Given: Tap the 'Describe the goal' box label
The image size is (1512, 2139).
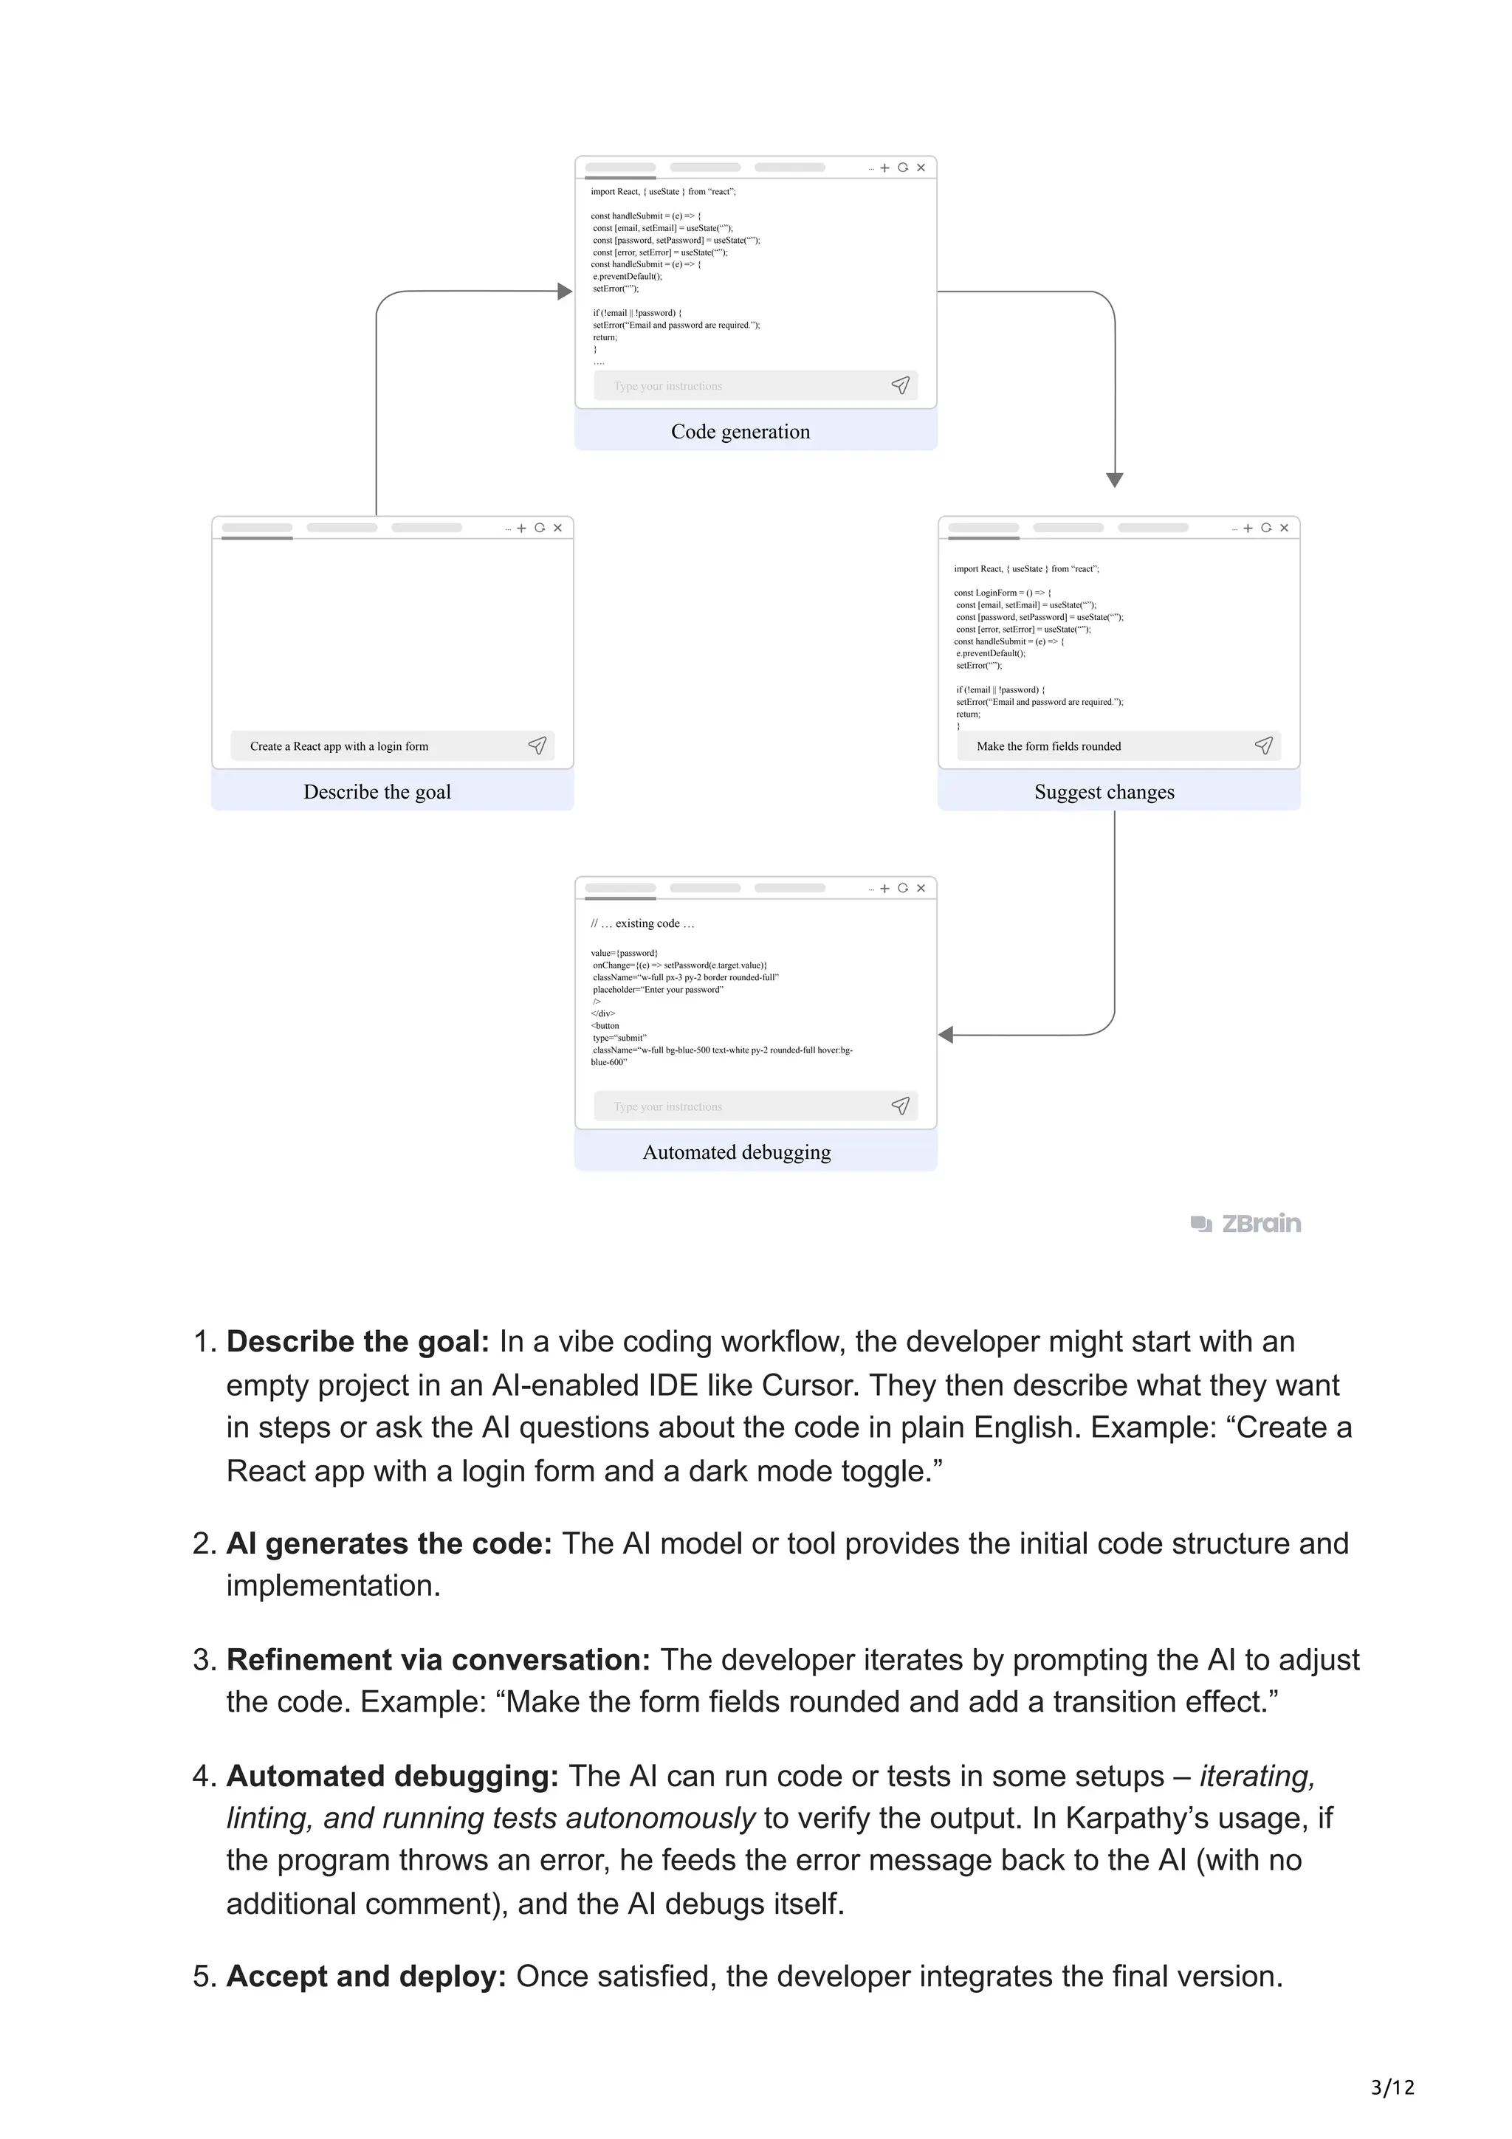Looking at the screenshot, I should click(377, 792).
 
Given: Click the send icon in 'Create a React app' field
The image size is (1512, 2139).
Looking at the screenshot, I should click(537, 745).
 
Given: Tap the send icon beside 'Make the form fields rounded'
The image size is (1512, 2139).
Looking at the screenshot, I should click(1263, 745).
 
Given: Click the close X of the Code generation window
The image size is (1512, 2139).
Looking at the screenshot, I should click(921, 168).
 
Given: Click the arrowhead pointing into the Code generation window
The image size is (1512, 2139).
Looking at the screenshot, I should click(565, 292).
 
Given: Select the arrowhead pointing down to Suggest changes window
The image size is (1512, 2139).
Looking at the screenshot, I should click(1114, 480).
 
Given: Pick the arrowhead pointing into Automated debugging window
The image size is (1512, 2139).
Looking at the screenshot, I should click(946, 1035).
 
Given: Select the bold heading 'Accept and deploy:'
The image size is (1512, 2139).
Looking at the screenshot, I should click(366, 1976).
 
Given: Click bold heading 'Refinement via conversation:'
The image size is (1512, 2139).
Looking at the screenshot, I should click(438, 1660).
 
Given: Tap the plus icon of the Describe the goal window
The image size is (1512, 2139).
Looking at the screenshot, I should click(522, 528).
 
